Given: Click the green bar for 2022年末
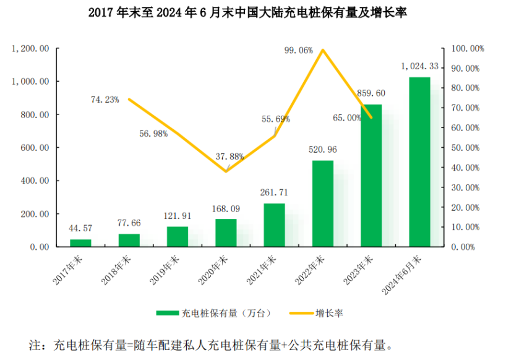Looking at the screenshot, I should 322,204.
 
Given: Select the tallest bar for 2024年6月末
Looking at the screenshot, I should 419,162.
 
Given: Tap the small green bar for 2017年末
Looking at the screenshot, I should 80,243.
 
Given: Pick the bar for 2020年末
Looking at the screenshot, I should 226,233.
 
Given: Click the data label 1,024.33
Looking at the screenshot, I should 419,66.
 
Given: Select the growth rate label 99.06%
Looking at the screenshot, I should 298,51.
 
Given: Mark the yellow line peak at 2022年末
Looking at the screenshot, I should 322,50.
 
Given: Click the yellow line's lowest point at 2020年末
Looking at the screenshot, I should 226,171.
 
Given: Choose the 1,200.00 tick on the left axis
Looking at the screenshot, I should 30,48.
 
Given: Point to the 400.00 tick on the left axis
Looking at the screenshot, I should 35,181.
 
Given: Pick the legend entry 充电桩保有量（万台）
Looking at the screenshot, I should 214,313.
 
